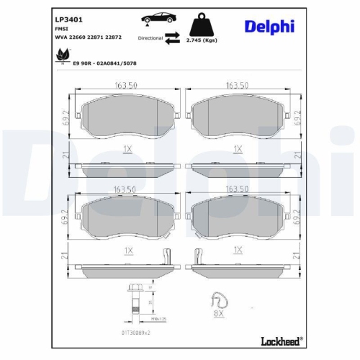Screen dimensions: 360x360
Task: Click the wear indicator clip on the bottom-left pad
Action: [166, 257]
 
